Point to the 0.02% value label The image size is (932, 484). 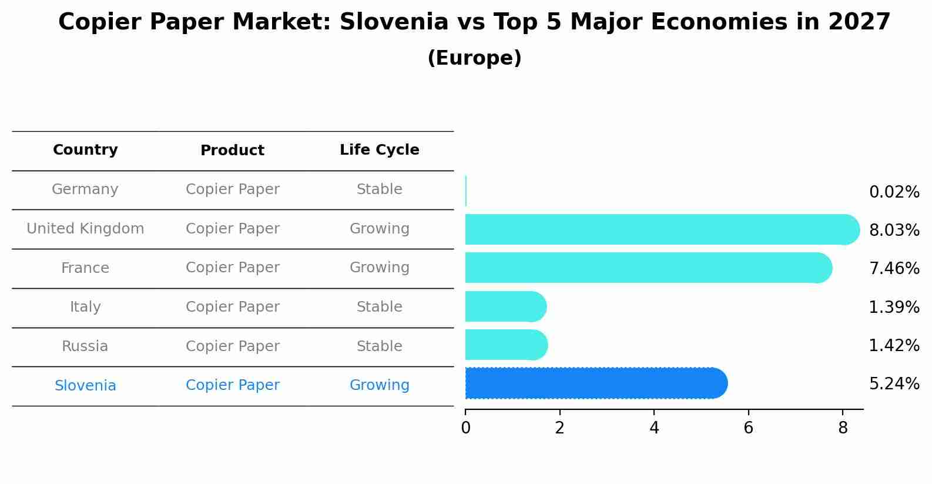coord(894,192)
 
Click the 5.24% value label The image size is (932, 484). coord(894,384)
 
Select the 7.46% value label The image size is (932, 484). coord(894,269)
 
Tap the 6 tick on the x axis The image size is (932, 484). coord(748,428)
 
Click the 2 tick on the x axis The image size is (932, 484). coord(559,428)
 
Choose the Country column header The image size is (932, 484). coord(85,150)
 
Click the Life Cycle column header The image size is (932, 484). coord(379,150)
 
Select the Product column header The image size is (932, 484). coord(232,151)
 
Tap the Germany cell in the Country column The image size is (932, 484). coord(85,189)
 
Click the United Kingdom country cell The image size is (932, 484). coord(85,229)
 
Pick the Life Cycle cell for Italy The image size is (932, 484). coord(379,307)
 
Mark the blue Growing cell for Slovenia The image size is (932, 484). coord(379,385)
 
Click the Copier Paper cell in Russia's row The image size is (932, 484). coord(232,346)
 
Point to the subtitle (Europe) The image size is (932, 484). coord(474,58)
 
